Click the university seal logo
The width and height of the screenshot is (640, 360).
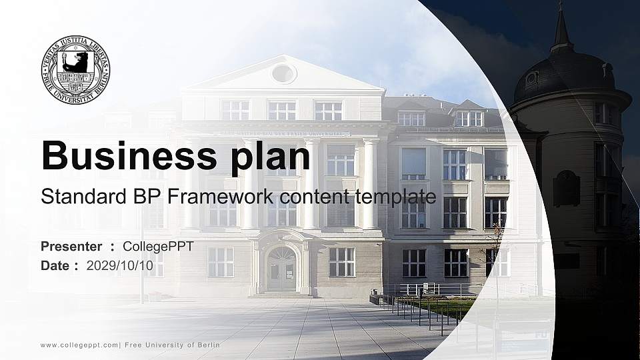pyautogui.click(x=76, y=69)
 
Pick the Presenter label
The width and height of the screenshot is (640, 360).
pyautogui.click(x=71, y=247)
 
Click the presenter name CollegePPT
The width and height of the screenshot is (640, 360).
pyautogui.click(x=159, y=247)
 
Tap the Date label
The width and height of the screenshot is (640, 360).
pyautogui.click(x=55, y=266)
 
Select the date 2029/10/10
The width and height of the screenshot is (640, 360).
pyautogui.click(x=125, y=266)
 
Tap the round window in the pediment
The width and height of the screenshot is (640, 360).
pyautogui.click(x=283, y=73)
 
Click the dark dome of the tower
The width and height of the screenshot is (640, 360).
pyautogui.click(x=567, y=73)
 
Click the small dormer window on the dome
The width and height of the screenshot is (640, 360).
pyautogui.click(x=531, y=78)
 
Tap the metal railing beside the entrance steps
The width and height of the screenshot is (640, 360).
pyautogui.click(x=427, y=289)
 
